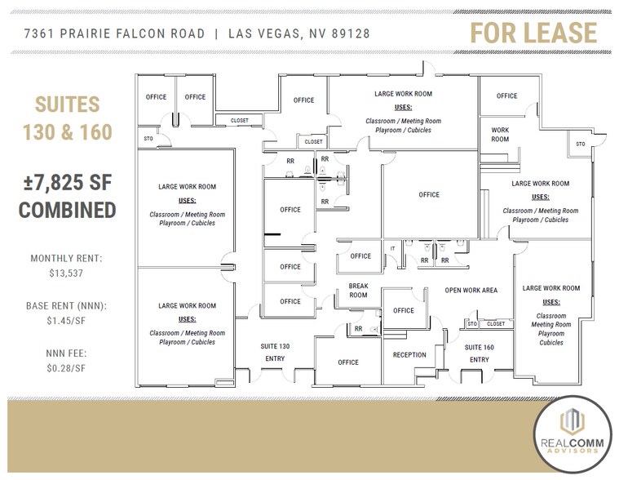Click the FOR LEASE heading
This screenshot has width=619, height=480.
pyautogui.click(x=533, y=33)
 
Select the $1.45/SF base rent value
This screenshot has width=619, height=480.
pyautogui.click(x=67, y=322)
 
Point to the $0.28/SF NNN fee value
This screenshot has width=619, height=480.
pyautogui.click(x=67, y=369)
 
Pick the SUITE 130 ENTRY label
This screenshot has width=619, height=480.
pyautogui.click(x=275, y=353)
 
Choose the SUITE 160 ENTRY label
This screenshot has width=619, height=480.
pyautogui.click(x=479, y=353)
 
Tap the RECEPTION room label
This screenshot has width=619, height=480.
pyautogui.click(x=409, y=355)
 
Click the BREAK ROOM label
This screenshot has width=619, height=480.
pyautogui.click(x=359, y=291)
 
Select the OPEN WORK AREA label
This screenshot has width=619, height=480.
pyautogui.click(x=471, y=291)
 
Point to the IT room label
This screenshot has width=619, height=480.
pyautogui.click(x=392, y=248)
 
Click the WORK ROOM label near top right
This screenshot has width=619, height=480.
pyautogui.click(x=500, y=135)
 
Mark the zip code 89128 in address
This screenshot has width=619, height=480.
pyautogui.click(x=353, y=33)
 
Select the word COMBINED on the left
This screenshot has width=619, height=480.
pyautogui.click(x=67, y=210)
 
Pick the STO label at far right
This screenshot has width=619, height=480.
pyautogui.click(x=581, y=144)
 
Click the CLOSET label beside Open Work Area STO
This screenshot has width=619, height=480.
pyautogui.click(x=496, y=324)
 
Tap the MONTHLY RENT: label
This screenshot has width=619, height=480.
pyautogui.click(x=67, y=258)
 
